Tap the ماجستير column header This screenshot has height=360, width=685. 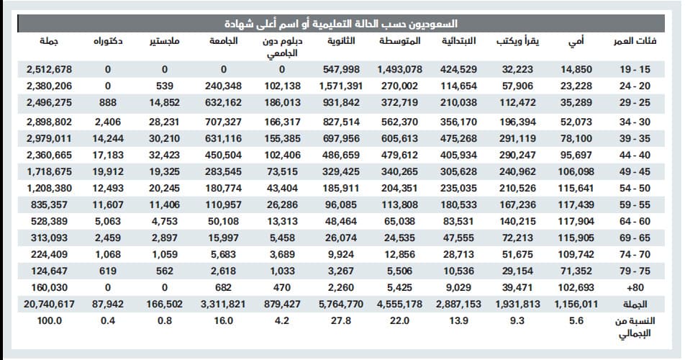pyautogui.click(x=164, y=42)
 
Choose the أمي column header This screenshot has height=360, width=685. pyautogui.click(x=576, y=42)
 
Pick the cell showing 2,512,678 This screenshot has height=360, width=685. pyautogui.click(x=49, y=70)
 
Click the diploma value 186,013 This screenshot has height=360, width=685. pyautogui.click(x=282, y=103)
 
